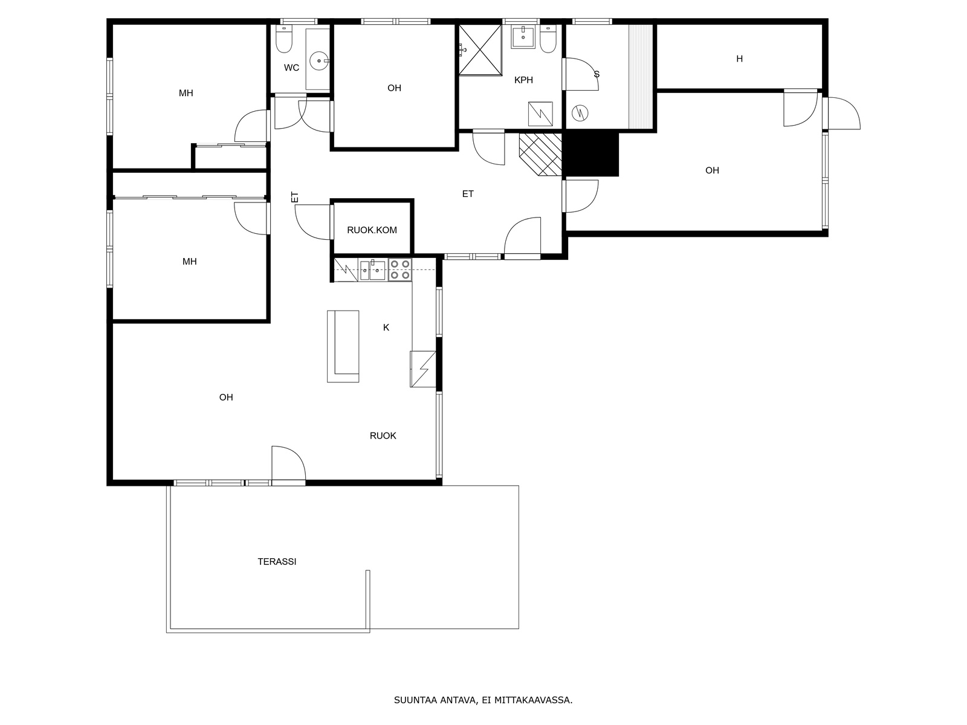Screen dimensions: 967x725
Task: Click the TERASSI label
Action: click(277, 562)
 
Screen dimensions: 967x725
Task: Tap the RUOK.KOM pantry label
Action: click(372, 230)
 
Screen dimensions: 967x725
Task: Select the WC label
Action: click(291, 68)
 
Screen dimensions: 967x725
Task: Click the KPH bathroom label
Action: click(523, 80)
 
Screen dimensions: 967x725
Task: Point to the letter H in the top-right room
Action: click(739, 59)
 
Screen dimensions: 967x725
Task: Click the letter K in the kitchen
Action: click(386, 327)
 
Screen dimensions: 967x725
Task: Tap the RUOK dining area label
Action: click(383, 436)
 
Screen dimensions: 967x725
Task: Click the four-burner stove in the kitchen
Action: click(400, 270)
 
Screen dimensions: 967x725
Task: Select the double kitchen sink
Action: click(372, 270)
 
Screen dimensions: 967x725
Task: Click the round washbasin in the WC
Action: click(319, 61)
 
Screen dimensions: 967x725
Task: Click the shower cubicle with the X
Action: click(480, 50)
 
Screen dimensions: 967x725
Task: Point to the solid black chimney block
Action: click(592, 154)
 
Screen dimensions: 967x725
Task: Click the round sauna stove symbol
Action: click(580, 114)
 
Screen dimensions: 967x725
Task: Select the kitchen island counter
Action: click(343, 346)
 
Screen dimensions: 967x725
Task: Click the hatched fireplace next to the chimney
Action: click(540, 155)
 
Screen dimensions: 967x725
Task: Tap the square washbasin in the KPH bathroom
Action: click(523, 36)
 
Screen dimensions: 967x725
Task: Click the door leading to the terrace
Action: click(288, 465)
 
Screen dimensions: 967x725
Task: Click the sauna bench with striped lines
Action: click(640, 76)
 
